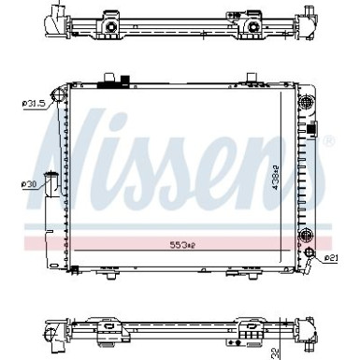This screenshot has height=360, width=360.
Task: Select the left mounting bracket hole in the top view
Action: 110,28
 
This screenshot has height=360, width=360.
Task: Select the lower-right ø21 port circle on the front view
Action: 310,253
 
